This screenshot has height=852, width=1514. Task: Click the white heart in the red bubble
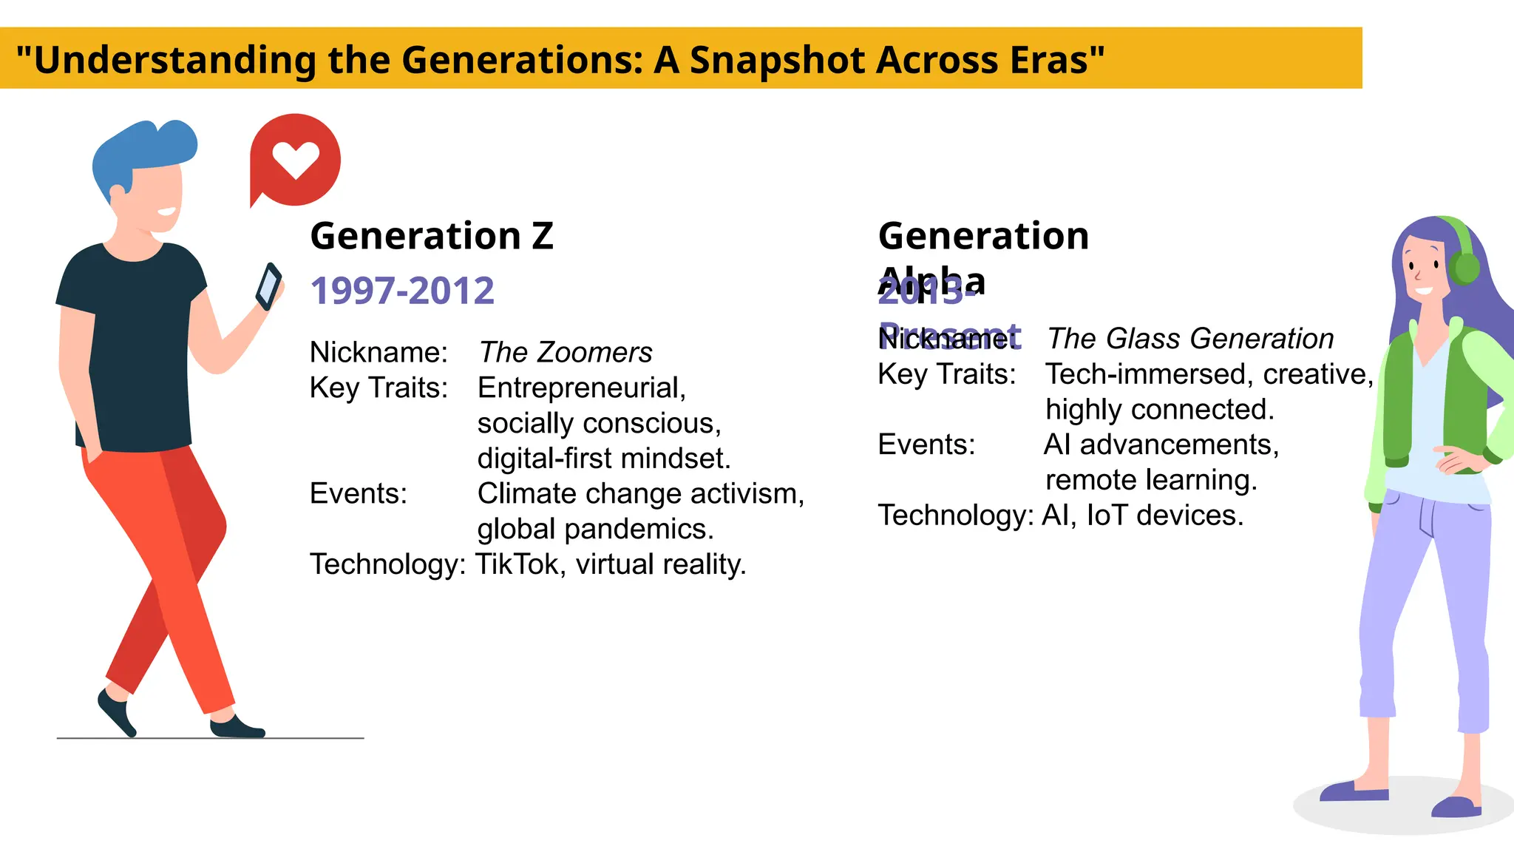click(x=295, y=158)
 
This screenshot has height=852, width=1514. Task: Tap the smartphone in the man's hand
click(x=268, y=286)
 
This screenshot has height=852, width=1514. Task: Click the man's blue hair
click(x=140, y=148)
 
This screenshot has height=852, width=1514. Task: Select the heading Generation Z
click(x=432, y=236)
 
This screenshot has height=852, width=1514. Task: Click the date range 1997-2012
click(x=402, y=291)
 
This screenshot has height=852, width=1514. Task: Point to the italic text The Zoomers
click(x=566, y=352)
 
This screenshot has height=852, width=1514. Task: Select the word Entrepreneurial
click(x=581, y=388)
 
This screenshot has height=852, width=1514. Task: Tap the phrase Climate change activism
click(x=640, y=493)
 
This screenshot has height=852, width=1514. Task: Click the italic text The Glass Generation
click(x=1190, y=339)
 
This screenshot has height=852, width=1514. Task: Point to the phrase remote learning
click(x=1151, y=480)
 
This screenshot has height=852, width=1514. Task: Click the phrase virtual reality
click(x=661, y=564)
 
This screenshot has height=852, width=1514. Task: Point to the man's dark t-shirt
click(x=133, y=348)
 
